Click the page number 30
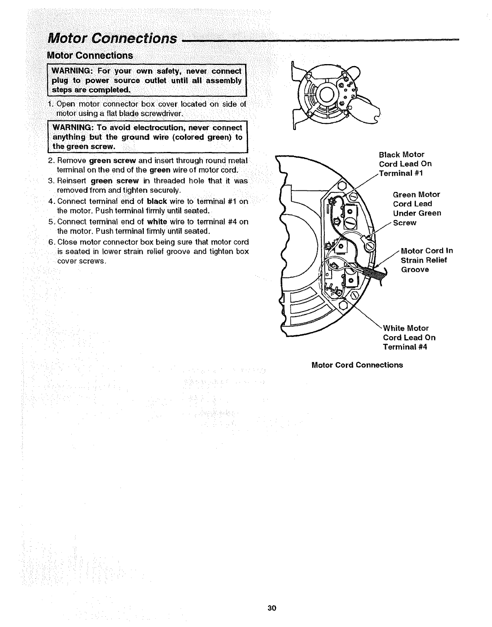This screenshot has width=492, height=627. pos(271,608)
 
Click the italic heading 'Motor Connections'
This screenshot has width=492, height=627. pos(112,38)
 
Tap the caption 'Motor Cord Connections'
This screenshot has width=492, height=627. pos(357,365)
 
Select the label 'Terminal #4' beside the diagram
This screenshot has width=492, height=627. pos(405,347)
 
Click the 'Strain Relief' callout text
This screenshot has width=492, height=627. pos(423,260)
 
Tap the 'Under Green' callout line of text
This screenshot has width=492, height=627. pos(417,213)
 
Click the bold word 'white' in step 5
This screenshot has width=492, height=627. pos(156,222)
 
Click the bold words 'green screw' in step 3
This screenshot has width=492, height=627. pos(114,181)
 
